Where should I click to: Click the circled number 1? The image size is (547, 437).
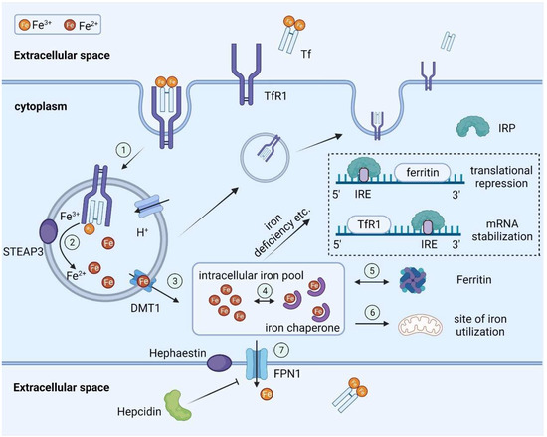coord(122,149)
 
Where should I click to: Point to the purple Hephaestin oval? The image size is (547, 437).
coord(194,365)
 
